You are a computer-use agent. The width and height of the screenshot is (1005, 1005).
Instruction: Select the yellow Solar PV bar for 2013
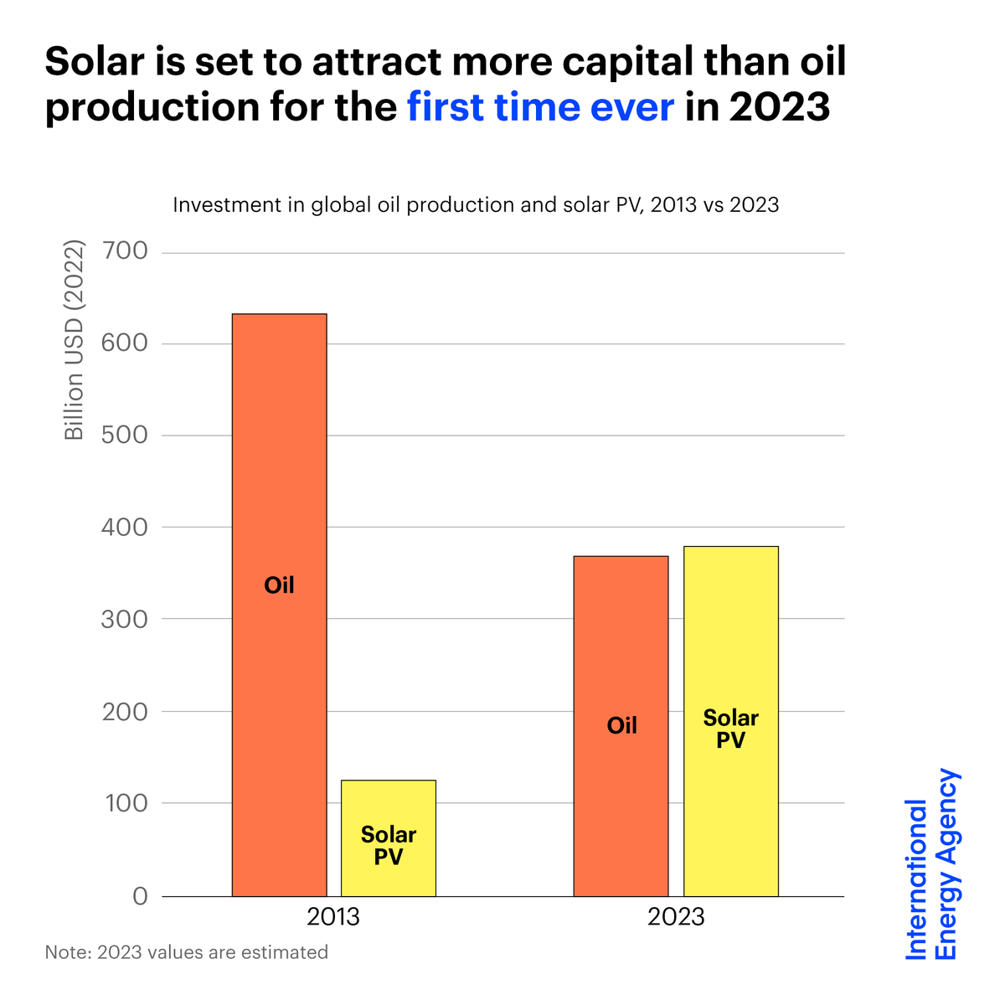pos(388,837)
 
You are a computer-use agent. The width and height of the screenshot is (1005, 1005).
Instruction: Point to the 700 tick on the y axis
pos(123,251)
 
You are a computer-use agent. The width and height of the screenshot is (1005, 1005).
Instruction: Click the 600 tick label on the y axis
pos(123,343)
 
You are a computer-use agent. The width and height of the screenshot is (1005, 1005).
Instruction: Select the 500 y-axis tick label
pos(123,435)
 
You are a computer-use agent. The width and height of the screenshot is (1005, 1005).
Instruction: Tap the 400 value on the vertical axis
pos(123,528)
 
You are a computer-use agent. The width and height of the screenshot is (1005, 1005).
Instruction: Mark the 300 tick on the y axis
pos(123,620)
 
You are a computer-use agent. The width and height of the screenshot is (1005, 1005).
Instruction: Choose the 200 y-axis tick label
pos(123,711)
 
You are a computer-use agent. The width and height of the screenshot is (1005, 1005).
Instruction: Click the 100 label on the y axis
pos(123,803)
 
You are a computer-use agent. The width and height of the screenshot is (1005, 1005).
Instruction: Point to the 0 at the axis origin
pos(139,896)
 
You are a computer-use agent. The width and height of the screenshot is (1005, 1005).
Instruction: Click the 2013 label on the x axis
pos(333,917)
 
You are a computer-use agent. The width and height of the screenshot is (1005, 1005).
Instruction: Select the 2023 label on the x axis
pos(676,917)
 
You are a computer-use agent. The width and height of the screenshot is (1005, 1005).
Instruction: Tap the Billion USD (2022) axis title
pos(75,340)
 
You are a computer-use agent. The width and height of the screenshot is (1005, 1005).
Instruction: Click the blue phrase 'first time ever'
pos(540,107)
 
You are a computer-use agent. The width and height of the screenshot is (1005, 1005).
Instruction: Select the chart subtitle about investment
pos(476,205)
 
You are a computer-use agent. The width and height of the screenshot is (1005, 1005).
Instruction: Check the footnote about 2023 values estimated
pos(186,952)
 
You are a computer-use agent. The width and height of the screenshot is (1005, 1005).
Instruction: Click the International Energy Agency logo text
pos(932,865)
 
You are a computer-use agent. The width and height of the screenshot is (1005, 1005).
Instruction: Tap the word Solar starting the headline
pos(99,62)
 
